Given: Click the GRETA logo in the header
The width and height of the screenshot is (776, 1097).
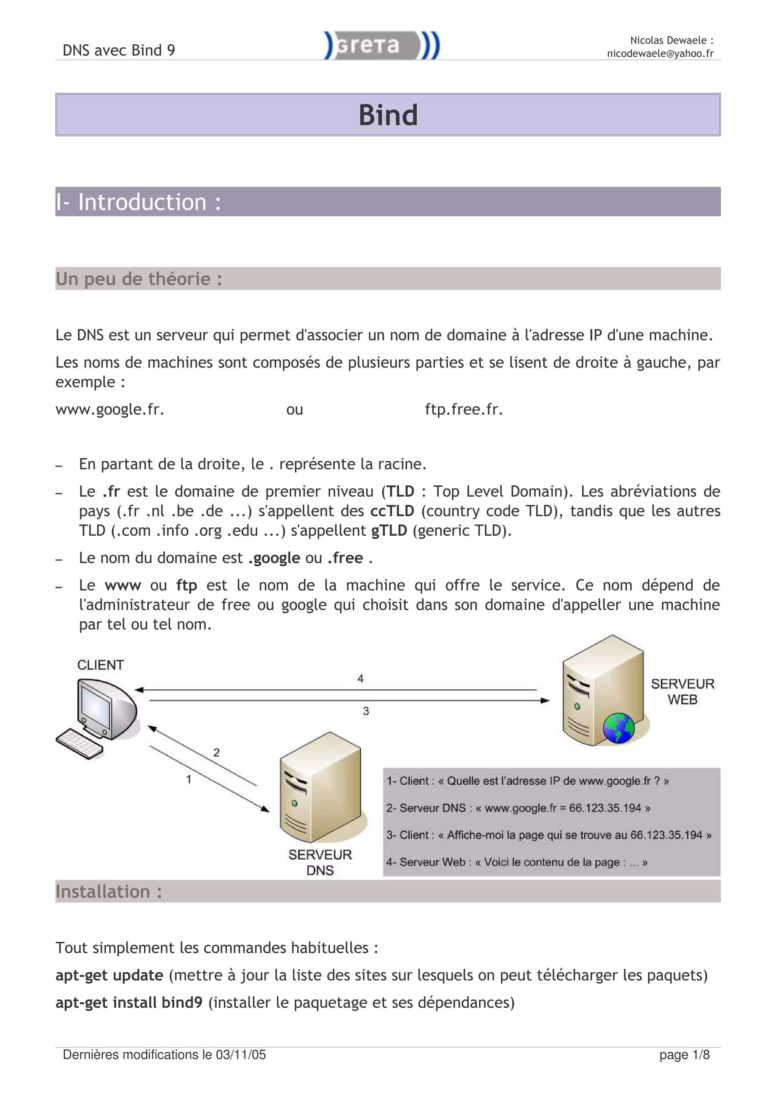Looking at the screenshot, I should coord(382,45).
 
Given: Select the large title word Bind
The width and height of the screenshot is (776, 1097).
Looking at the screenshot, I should coord(388,115).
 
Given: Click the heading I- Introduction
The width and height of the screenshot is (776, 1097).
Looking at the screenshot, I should coord(138,202).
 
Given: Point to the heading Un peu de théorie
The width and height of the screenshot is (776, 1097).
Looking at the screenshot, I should coord(139,279).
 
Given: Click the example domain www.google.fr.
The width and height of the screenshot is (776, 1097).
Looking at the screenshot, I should coord(110,410).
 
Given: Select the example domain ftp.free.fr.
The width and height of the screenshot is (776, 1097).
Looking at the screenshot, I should coord(464,410).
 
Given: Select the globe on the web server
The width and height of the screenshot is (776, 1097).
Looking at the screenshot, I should coord(618,728).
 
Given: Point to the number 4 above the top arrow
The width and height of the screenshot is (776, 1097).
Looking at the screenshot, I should coord(360,678).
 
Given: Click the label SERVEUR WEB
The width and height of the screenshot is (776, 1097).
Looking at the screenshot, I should coord(682,691).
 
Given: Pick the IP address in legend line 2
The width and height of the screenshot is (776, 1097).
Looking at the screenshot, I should coord(605,808).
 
